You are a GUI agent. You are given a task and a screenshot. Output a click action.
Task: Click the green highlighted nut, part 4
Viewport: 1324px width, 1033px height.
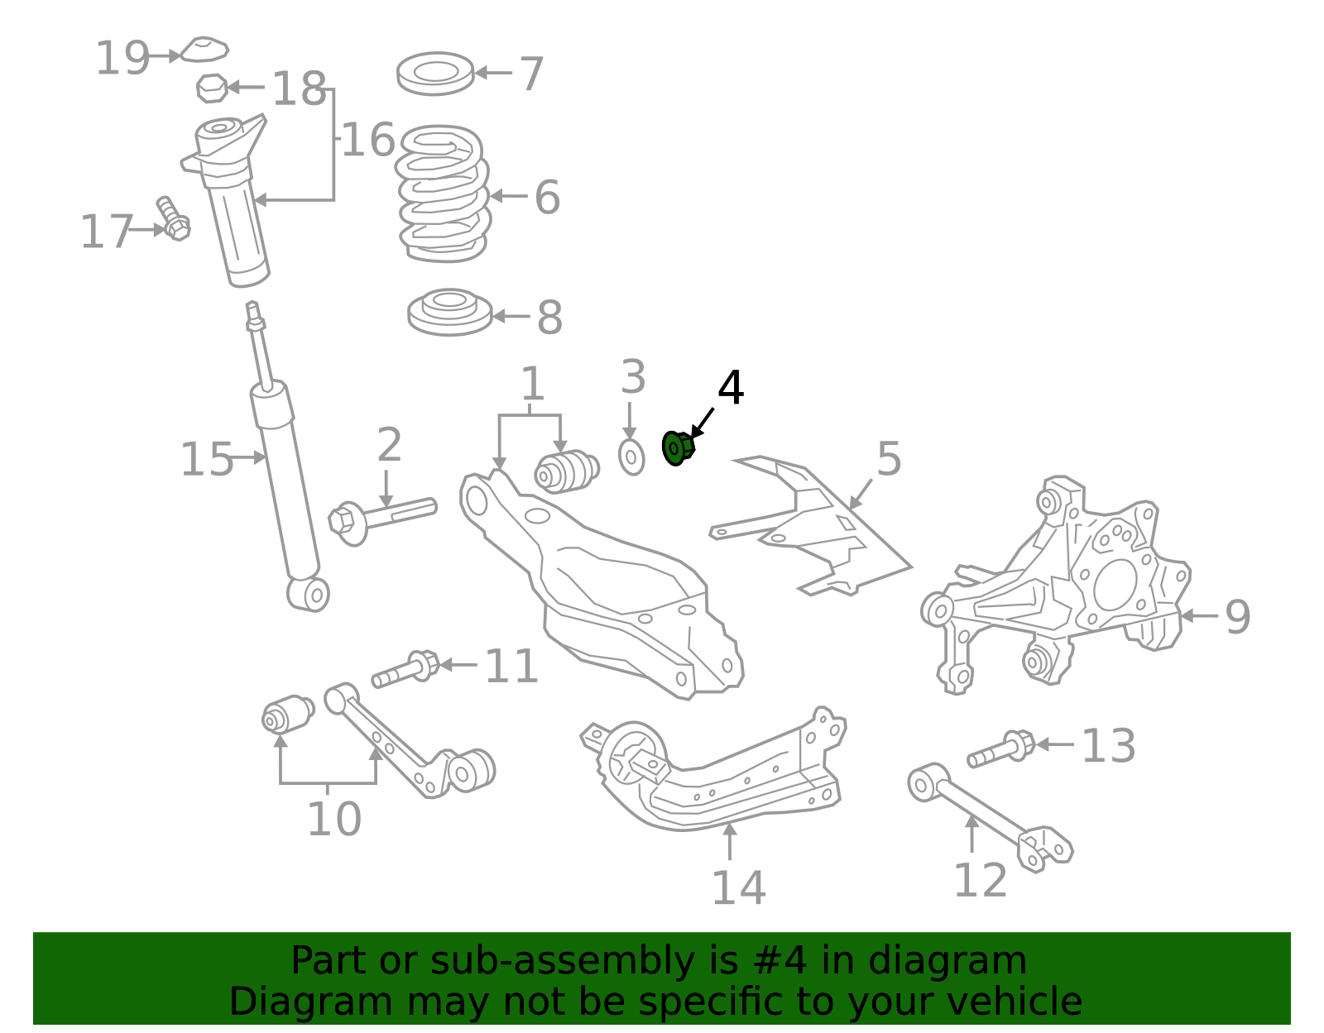[x=678, y=448]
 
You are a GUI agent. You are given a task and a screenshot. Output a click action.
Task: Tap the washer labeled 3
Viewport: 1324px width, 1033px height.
[x=631, y=457]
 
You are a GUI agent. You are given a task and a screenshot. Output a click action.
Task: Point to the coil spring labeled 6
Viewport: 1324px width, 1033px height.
[x=443, y=194]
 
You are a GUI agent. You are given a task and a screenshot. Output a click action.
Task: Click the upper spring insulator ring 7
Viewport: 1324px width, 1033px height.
[x=435, y=73]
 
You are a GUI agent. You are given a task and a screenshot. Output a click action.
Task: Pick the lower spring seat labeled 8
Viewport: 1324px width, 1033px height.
[x=449, y=312]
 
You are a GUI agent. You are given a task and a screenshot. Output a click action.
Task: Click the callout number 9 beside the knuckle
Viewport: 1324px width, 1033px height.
[x=1237, y=617]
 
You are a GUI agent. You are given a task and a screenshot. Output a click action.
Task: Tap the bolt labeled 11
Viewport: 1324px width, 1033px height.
[x=405, y=669]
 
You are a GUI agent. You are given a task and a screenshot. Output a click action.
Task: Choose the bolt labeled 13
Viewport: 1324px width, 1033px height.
[x=1001, y=748]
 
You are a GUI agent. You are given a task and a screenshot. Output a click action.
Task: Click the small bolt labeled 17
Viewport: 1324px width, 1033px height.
[x=173, y=218]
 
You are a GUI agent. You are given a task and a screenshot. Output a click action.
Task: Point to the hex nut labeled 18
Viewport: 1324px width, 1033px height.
[x=212, y=88]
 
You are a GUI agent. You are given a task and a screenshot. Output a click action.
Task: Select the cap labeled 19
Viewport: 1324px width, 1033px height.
[x=204, y=50]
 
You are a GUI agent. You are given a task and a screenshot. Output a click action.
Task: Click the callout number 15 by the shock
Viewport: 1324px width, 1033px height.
[x=207, y=459]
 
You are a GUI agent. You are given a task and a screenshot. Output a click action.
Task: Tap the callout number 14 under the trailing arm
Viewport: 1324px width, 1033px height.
[x=738, y=888]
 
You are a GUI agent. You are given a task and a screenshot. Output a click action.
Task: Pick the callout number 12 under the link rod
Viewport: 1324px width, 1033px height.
[x=981, y=880]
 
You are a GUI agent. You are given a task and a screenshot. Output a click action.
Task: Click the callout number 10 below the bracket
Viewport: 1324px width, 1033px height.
[x=334, y=819]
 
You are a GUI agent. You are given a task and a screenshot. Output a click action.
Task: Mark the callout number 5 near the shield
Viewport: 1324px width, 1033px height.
[x=889, y=459]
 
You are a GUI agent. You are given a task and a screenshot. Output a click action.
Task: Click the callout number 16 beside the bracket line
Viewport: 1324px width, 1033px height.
[x=368, y=140]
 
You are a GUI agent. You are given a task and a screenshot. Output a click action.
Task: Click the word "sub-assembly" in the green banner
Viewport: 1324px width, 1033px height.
[x=563, y=960]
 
